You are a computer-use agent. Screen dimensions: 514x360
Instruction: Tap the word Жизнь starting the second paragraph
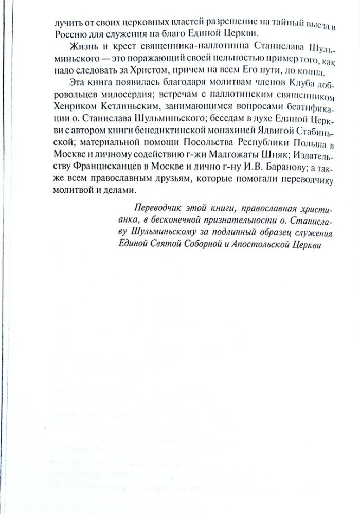[x=75, y=49]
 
